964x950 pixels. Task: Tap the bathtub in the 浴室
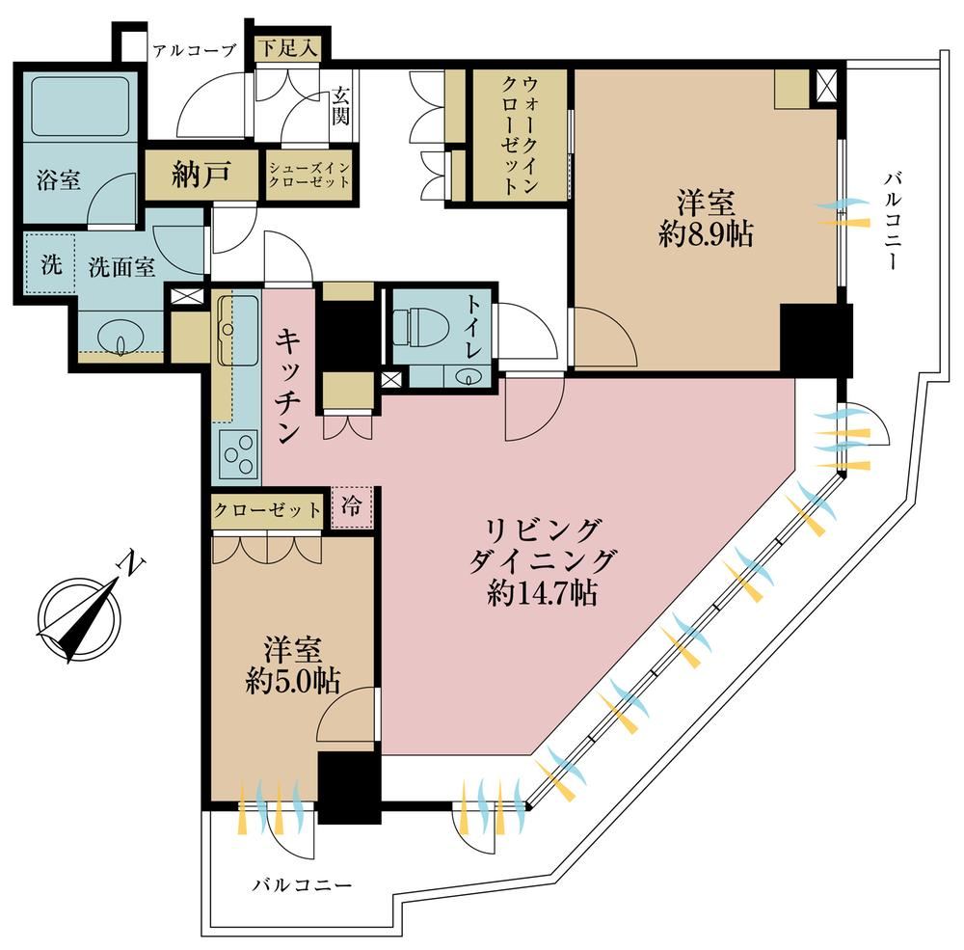[80, 105]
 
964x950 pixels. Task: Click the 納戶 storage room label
[201, 176]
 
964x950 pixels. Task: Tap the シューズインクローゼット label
[309, 175]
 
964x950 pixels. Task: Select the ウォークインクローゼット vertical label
[521, 135]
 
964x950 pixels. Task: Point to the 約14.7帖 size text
[542, 593]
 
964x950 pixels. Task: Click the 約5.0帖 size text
[293, 681]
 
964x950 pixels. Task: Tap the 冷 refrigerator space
[352, 507]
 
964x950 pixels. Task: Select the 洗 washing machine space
[50, 265]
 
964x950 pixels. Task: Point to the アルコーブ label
[195, 50]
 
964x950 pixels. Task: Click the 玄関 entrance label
[341, 106]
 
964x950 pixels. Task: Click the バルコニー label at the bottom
[302, 885]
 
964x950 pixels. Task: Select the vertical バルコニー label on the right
[892, 221]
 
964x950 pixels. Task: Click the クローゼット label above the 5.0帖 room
[267, 510]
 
